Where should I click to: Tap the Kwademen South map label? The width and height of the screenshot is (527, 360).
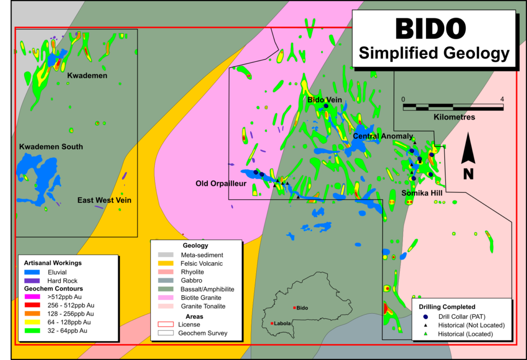pyautogui.click(x=51, y=147)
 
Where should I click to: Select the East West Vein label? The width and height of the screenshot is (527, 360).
pyautogui.click(x=104, y=200)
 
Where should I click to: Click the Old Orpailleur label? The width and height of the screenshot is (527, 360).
pyautogui.click(x=221, y=183)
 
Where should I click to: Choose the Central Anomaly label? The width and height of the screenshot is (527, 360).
pyautogui.click(x=383, y=136)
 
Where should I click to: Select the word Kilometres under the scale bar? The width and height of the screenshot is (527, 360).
pyautogui.click(x=454, y=117)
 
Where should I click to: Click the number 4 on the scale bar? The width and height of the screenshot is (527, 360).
pyautogui.click(x=501, y=99)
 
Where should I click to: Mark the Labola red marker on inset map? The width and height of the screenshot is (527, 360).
pyautogui.click(x=271, y=323)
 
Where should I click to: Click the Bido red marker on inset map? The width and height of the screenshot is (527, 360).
pyautogui.click(x=294, y=308)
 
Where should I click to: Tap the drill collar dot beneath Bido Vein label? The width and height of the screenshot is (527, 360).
pyautogui.click(x=326, y=106)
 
